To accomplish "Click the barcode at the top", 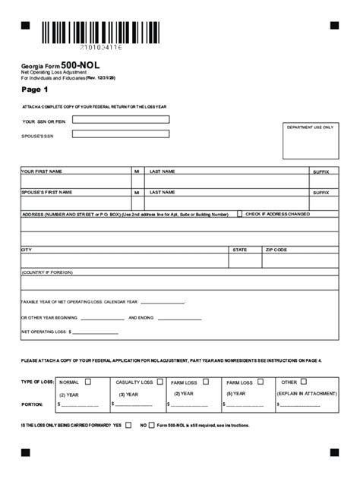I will [x=100, y=33].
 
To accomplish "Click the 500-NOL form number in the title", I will [x=80, y=66].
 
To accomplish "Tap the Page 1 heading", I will [x=34, y=90].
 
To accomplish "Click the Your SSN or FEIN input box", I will [x=121, y=120].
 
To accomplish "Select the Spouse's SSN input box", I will [x=121, y=134].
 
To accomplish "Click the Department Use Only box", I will [x=310, y=141].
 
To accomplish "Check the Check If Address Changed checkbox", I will [x=240, y=214].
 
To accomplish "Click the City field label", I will [x=27, y=250].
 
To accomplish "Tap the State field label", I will [x=240, y=250].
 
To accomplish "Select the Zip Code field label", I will [x=276, y=250].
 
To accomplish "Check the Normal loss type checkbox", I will [x=88, y=382].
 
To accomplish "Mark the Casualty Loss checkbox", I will [x=159, y=382].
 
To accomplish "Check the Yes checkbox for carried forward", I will [x=128, y=426].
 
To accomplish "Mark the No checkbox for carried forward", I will [x=152, y=426].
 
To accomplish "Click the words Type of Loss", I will [x=37, y=382].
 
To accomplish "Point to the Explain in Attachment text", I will [x=307, y=395].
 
